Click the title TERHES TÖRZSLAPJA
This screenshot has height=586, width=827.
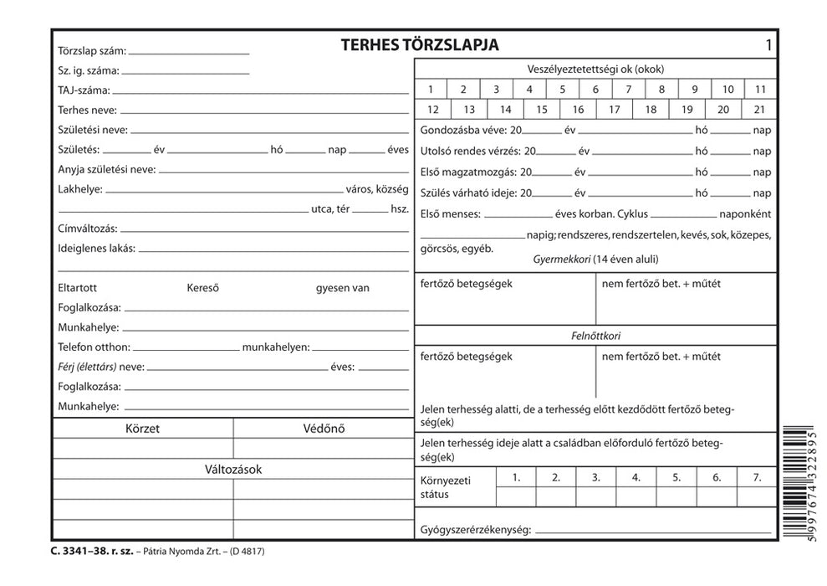coord(420,45)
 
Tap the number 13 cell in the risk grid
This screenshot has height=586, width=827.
coord(469,110)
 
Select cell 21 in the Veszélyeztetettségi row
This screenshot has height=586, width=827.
coord(759,110)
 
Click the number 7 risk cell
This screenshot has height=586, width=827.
coord(628,90)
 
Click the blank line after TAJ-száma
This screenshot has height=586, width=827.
coord(260,90)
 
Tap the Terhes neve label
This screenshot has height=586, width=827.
coord(88,110)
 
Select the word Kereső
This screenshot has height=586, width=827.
coord(203,288)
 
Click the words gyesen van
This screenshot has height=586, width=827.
coord(343,288)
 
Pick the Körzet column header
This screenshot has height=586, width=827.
coord(142,429)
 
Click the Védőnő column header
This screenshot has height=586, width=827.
coord(324,429)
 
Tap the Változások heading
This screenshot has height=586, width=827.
coord(233,469)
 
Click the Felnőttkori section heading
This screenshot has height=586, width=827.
coord(595,336)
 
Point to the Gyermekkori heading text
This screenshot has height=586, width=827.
coord(561,260)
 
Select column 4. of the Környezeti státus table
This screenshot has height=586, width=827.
coord(636,477)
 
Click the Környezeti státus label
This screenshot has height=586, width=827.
coord(446,487)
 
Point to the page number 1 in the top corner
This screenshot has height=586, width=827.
coord(768,45)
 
